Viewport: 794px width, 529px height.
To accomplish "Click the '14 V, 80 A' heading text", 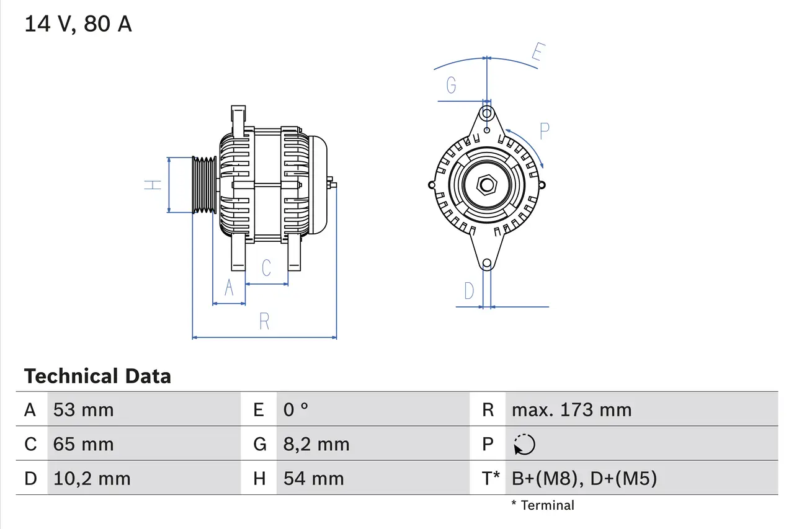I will point(78,24).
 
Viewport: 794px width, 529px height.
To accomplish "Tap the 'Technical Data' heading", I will point(97,376).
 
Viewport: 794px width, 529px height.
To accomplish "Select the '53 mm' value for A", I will point(84,410).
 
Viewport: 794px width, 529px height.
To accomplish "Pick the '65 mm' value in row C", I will point(84,444).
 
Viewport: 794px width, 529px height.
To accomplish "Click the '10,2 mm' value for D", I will point(92,479).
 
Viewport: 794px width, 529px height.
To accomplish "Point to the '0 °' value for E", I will point(296,410).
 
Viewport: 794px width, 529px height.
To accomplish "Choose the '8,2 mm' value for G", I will point(316,444).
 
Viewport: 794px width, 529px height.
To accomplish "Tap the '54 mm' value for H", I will point(313,479).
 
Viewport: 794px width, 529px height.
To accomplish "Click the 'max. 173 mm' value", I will point(571,410).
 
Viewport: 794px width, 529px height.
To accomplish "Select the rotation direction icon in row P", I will point(524,445).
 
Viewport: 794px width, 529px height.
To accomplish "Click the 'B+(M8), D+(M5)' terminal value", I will point(584,479).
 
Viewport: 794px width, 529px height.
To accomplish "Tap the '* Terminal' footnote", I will point(543,505).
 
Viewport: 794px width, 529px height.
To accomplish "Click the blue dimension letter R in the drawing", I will point(264,321).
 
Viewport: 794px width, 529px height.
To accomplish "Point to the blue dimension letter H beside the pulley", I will point(153,184).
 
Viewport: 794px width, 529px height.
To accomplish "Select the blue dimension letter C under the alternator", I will point(266,268).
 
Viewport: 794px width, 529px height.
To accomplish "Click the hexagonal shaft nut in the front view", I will point(487,185).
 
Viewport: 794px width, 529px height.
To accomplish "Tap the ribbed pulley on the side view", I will point(203,185).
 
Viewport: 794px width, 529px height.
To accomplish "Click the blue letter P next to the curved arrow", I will point(545,131).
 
